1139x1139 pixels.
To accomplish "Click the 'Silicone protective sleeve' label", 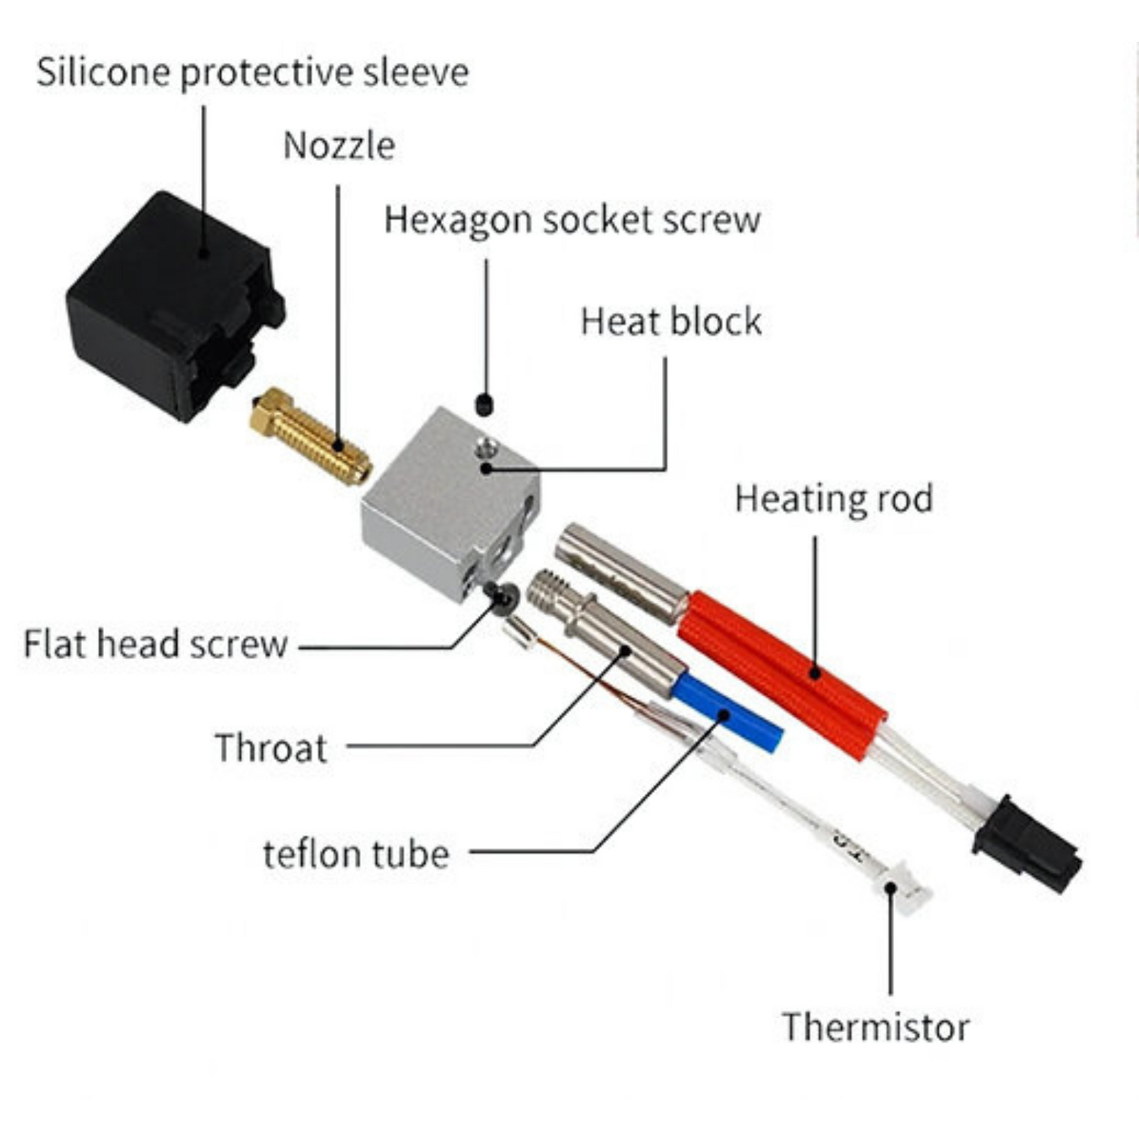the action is click(253, 73).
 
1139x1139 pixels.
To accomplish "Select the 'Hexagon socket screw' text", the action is click(572, 220).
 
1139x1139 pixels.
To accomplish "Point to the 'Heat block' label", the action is click(671, 322).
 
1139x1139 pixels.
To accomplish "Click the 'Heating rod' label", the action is click(834, 498).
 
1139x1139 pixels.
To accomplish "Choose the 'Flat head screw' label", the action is click(155, 644).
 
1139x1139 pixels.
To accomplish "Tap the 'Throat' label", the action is click(271, 748).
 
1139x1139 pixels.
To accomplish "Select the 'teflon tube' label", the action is click(356, 854).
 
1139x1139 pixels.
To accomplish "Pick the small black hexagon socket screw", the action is click(484, 405).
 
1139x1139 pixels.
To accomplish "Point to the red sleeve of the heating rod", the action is click(781, 675).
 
